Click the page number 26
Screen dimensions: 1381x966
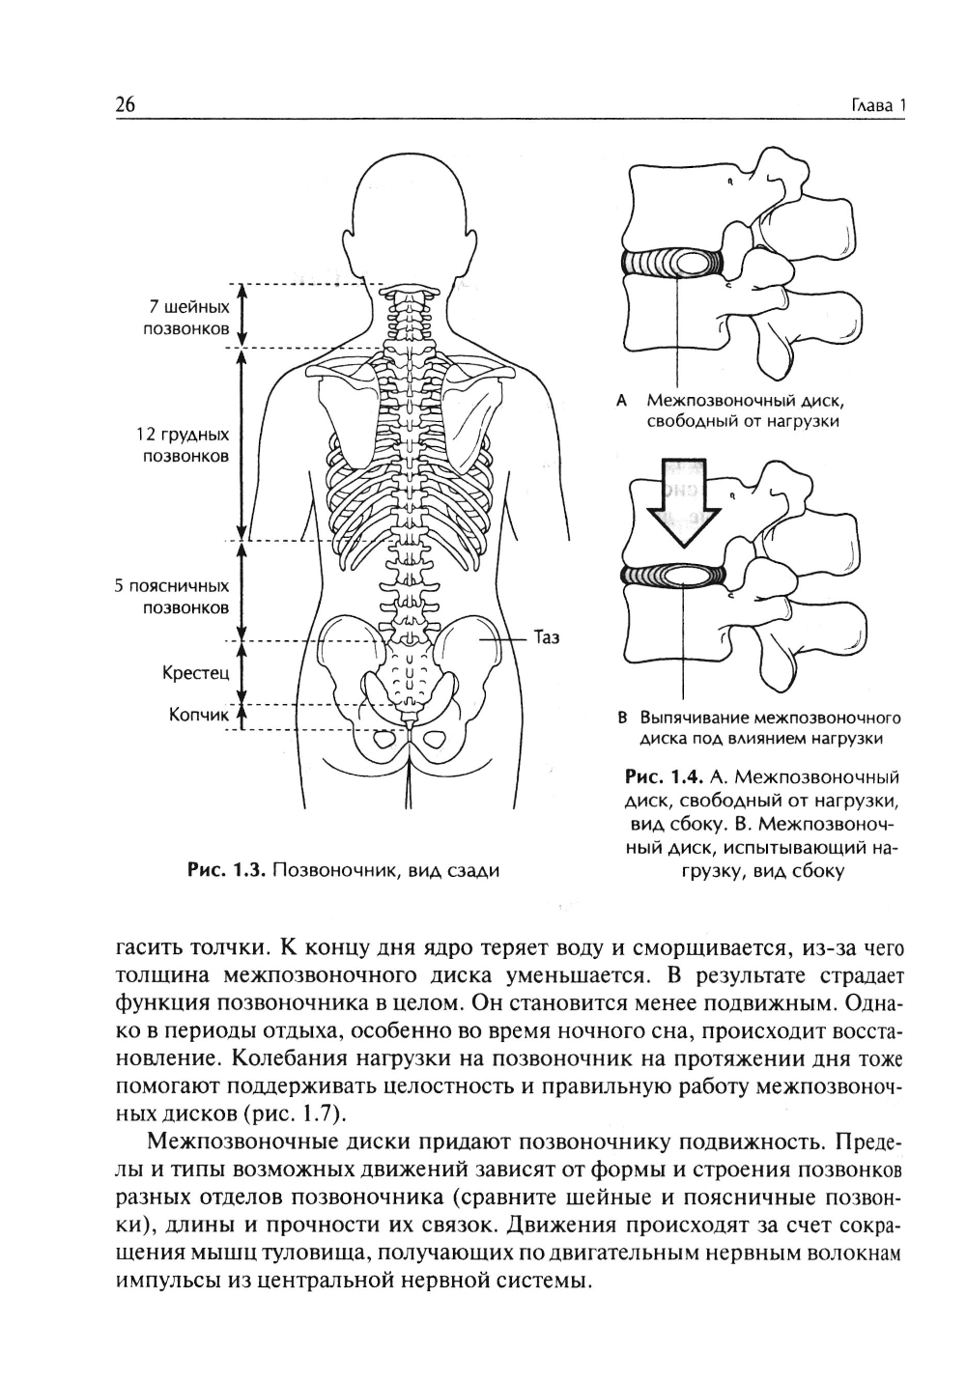tap(126, 105)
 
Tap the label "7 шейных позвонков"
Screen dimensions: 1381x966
tap(189, 318)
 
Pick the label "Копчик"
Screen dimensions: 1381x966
tap(199, 716)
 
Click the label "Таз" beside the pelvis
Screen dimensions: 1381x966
tap(547, 638)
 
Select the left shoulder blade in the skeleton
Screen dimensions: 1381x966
tap(346, 419)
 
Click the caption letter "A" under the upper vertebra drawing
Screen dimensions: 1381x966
tap(622, 399)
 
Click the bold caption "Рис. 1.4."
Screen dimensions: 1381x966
tap(664, 776)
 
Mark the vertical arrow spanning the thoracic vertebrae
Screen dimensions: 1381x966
tap(242, 445)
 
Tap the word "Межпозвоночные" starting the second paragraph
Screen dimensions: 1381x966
tap(242, 1140)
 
